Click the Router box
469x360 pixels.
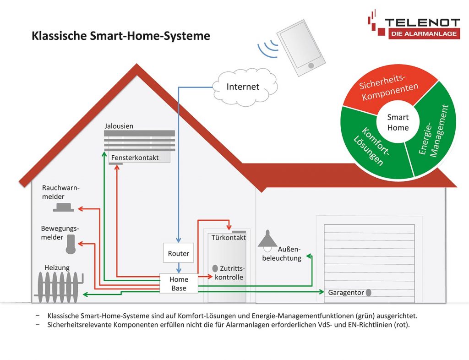[178, 253]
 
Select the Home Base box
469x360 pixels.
[179, 284]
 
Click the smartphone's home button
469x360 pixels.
[311, 65]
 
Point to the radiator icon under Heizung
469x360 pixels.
[59, 288]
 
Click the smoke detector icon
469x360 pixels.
[63, 207]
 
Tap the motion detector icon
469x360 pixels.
[71, 244]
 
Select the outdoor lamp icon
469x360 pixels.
[267, 240]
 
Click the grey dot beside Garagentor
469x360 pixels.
[369, 292]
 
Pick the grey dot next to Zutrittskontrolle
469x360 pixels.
[215, 268]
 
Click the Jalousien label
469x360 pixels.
[119, 126]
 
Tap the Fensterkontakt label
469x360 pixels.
[135, 158]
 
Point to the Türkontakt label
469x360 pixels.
[229, 238]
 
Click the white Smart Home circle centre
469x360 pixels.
[398, 123]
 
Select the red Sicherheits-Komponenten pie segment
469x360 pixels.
[389, 87]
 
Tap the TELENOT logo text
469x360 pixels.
[422, 22]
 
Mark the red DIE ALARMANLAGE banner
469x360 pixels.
[424, 33]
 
